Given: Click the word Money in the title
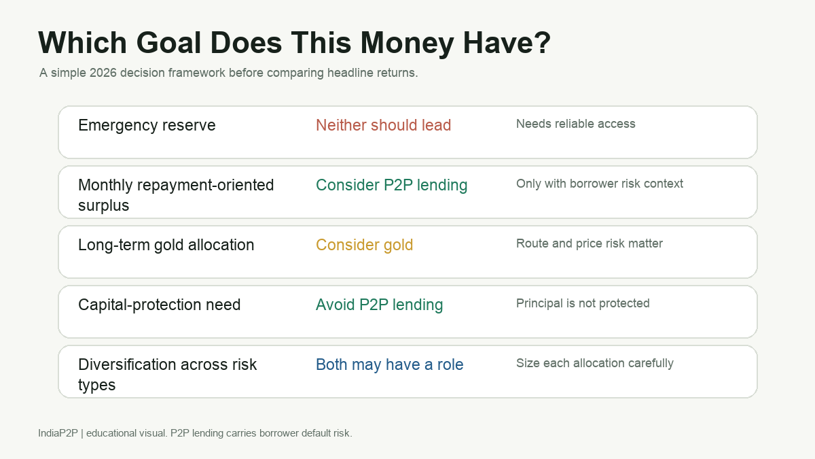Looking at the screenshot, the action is click(x=407, y=43).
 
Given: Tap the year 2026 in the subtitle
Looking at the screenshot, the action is click(x=103, y=73).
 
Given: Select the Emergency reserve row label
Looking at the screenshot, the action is click(x=147, y=125).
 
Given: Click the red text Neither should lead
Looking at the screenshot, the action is click(x=383, y=125).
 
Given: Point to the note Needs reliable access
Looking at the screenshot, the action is click(x=576, y=124).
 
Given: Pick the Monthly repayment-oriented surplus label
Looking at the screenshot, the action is click(x=176, y=195).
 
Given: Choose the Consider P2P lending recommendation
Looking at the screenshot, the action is click(x=391, y=185).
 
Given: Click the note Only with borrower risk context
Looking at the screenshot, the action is click(x=600, y=183).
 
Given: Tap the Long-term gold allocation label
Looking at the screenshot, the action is click(x=166, y=245).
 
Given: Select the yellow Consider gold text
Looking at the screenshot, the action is click(x=364, y=245).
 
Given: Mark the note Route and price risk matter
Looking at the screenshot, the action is click(x=590, y=243).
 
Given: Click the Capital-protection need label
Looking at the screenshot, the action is click(x=160, y=305).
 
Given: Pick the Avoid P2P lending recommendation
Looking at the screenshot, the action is click(x=379, y=305).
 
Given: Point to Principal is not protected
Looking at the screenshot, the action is click(x=583, y=303).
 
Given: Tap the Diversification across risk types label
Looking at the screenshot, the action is click(x=167, y=375).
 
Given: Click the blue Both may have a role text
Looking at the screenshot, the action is click(x=389, y=364).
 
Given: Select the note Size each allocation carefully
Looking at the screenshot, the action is click(x=595, y=363).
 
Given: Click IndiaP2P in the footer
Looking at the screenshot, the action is click(x=58, y=433).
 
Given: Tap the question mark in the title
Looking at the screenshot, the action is click(x=543, y=43).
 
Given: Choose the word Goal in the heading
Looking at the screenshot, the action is click(x=168, y=43).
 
